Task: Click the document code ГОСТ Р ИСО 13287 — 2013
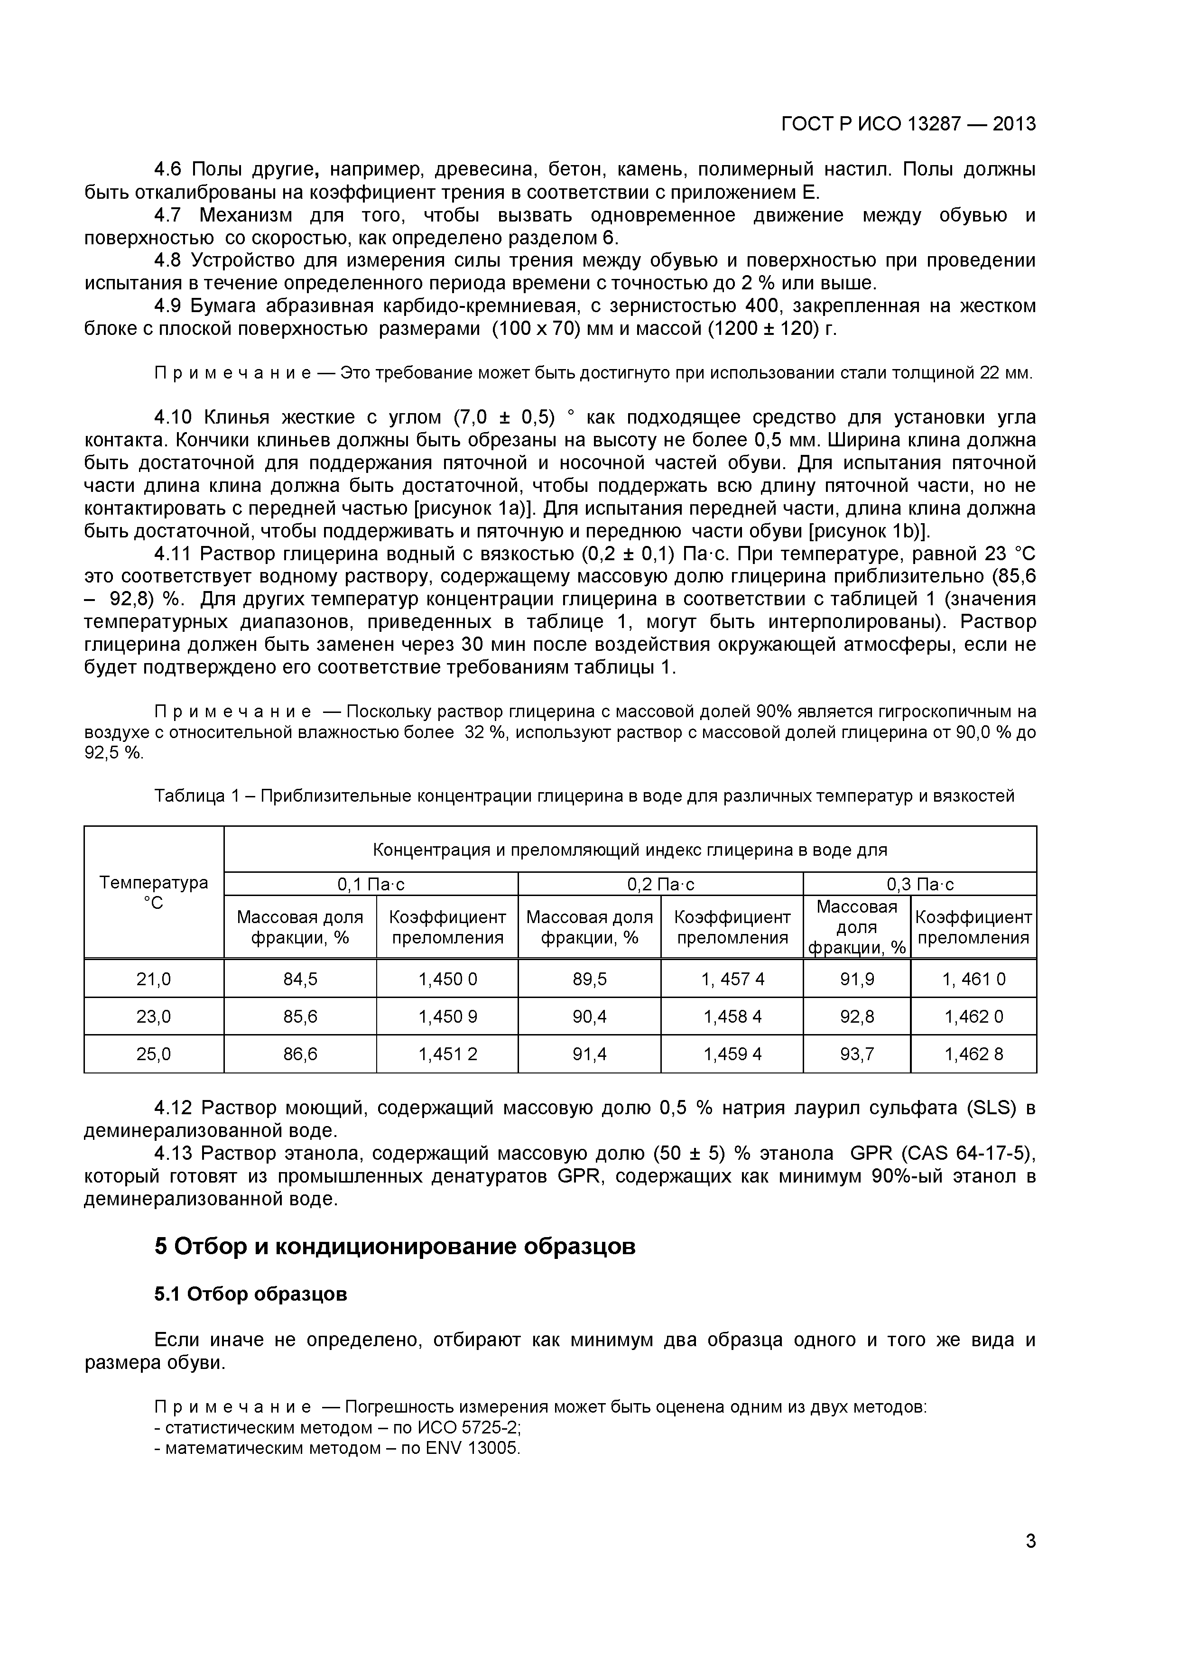click(x=908, y=124)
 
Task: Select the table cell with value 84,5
click(x=300, y=979)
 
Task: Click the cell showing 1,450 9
click(x=447, y=1017)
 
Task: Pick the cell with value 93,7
click(x=857, y=1054)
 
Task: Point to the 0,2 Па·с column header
click(x=660, y=884)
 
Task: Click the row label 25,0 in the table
click(x=154, y=1054)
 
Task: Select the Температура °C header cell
click(x=154, y=892)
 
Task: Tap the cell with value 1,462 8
click(x=973, y=1054)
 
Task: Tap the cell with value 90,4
click(x=589, y=1017)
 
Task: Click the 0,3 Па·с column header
click(x=920, y=884)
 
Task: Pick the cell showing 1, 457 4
click(x=732, y=979)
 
